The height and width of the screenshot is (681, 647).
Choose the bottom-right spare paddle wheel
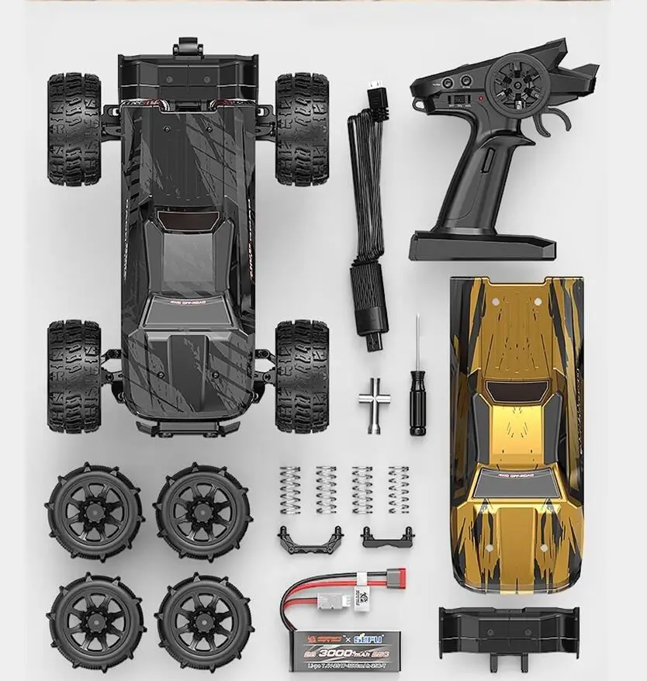coord(203,621)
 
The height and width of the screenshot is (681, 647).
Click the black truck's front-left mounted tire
coord(74,130)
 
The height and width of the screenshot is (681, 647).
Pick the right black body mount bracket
coord(386,535)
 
